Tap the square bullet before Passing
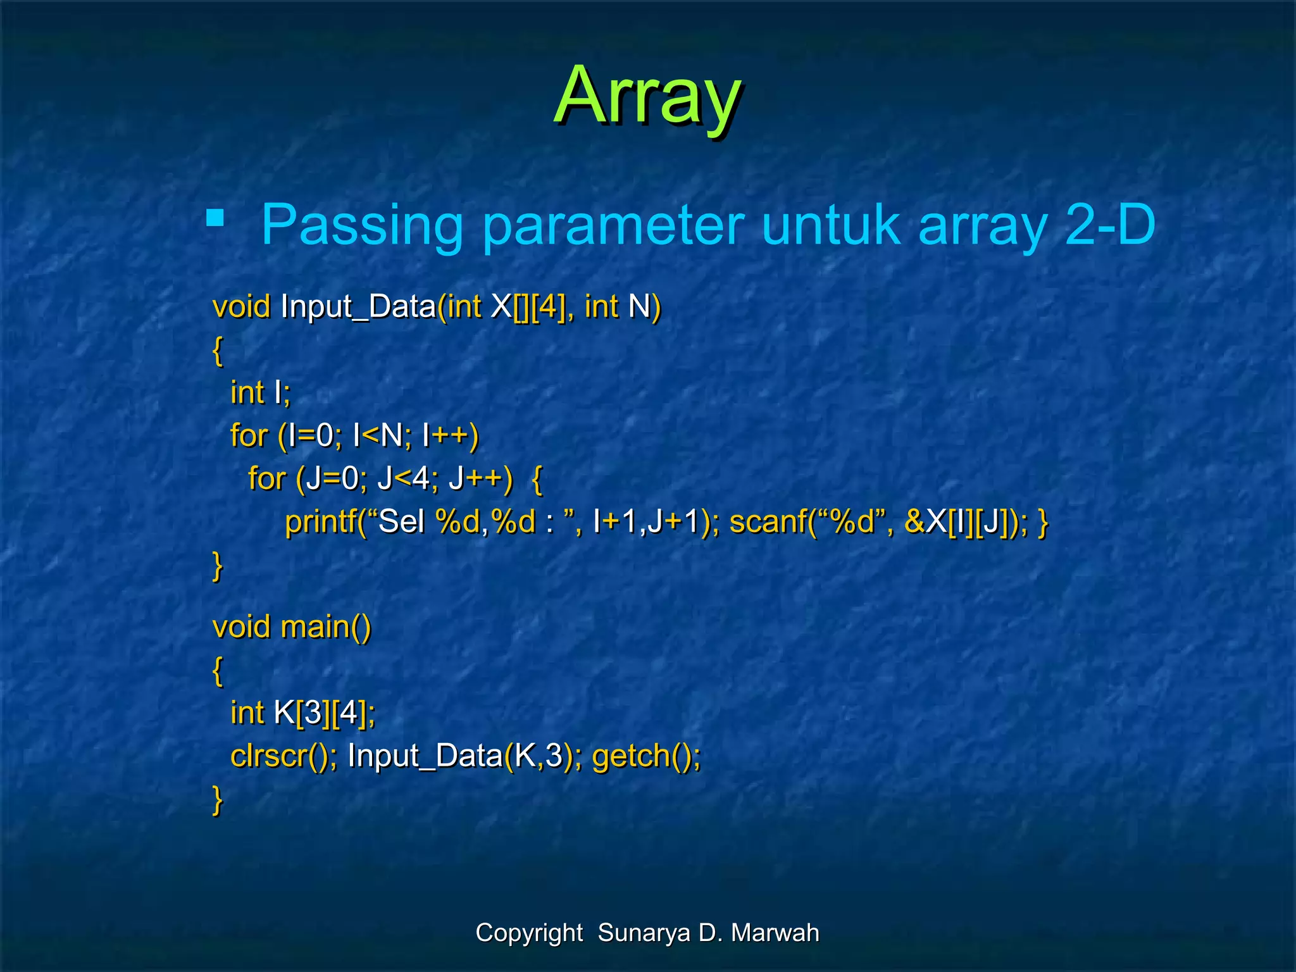[215, 218]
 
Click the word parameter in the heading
[613, 225]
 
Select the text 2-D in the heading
[1110, 225]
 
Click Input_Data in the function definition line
[358, 306]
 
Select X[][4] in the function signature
[528, 306]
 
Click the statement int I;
[260, 392]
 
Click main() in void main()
[325, 627]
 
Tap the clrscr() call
[279, 756]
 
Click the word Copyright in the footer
[529, 933]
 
